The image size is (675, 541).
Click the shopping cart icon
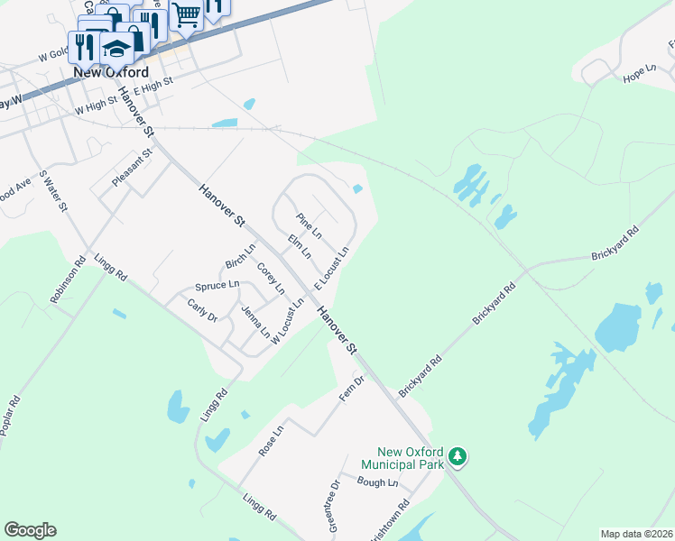coord(186,15)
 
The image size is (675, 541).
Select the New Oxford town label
coord(111,72)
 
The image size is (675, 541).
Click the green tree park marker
coord(458,457)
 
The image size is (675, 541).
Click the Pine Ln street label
coord(309,226)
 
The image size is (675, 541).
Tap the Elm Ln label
coord(299,246)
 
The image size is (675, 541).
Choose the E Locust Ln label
coord(331,268)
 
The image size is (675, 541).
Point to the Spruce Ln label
coord(217,286)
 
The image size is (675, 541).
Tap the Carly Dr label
coord(202,311)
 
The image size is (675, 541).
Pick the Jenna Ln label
coord(255,322)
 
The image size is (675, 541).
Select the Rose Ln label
coord(271,441)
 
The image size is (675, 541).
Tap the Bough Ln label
coord(377,483)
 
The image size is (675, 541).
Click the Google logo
coord(30,530)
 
